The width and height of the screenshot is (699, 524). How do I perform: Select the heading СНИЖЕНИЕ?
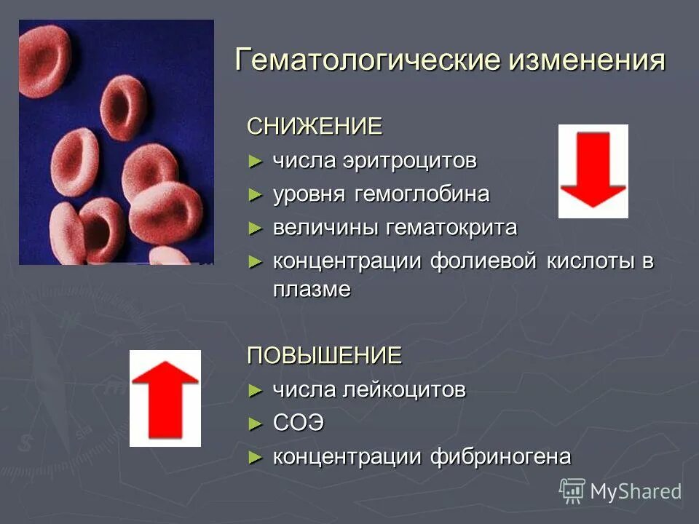315,127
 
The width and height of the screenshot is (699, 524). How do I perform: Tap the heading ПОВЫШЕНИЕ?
325,355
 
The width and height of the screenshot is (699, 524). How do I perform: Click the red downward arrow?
593,171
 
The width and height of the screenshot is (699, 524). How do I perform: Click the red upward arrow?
165,398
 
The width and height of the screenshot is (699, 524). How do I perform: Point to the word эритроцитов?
409,161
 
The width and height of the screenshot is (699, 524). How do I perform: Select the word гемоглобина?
422,194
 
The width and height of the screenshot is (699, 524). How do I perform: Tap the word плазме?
312,289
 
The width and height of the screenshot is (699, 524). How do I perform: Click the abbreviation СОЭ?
298,424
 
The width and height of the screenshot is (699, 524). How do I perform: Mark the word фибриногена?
500,457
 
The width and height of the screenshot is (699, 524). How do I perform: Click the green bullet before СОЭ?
254,424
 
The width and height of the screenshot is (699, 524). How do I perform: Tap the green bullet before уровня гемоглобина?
254,194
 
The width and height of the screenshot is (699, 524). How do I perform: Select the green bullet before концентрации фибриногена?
254,457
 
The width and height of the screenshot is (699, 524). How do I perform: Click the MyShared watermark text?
635,492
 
